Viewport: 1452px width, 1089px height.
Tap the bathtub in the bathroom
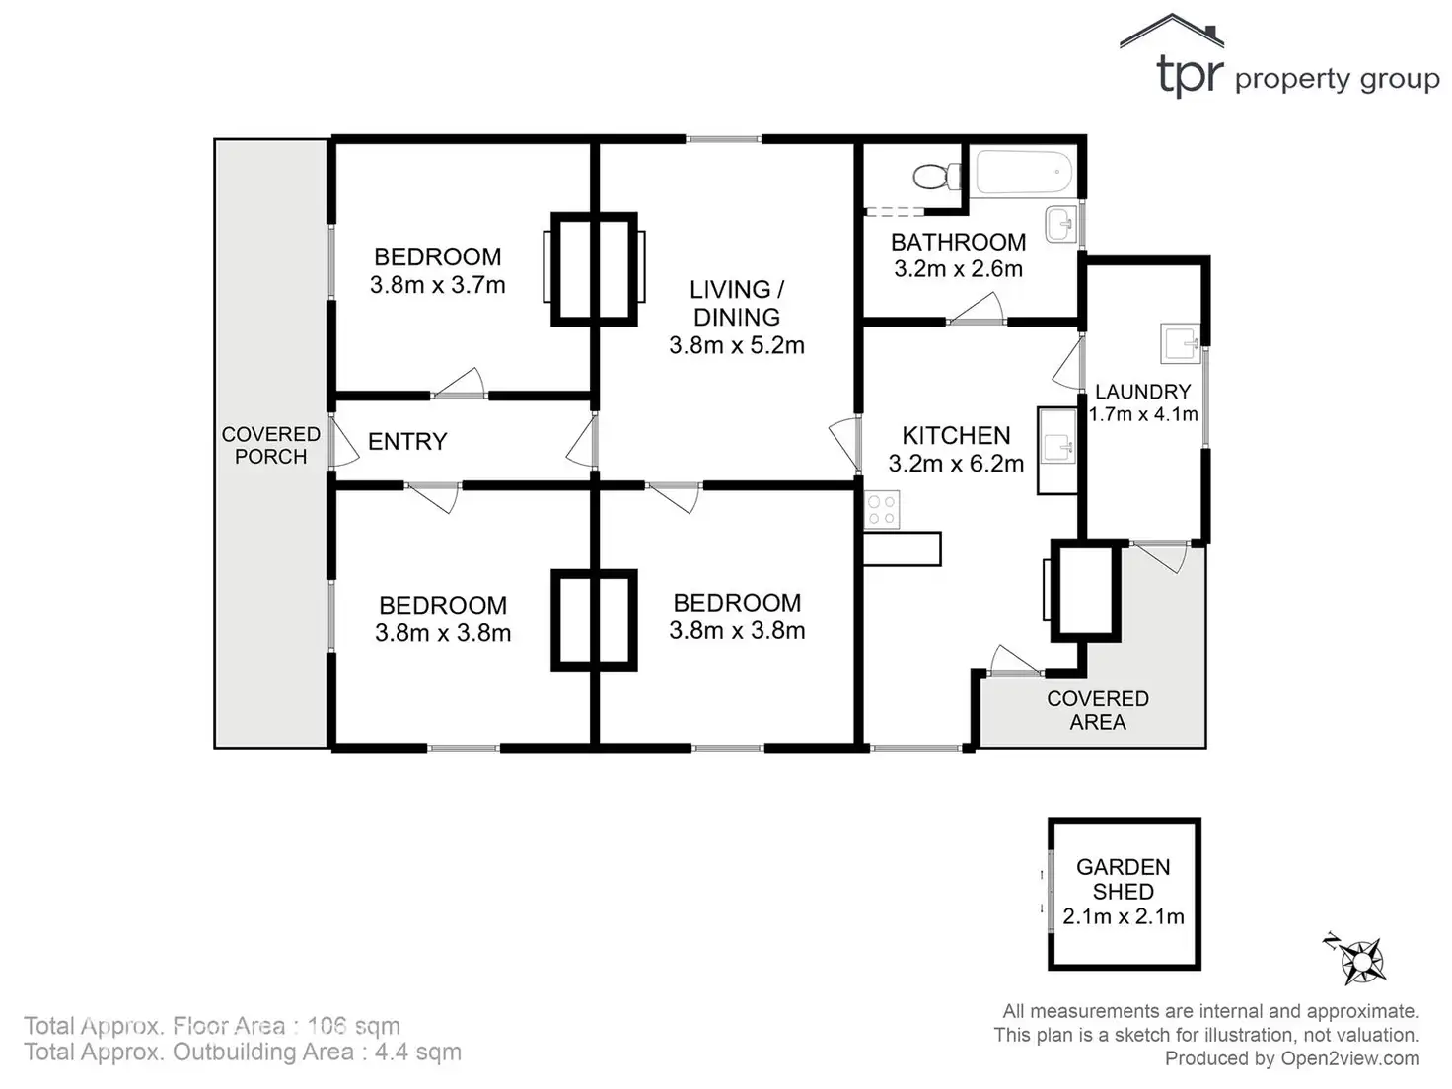(1024, 173)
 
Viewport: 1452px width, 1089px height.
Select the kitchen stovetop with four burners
(882, 510)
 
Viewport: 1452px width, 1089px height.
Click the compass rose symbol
(1362, 959)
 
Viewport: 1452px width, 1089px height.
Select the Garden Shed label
(1123, 879)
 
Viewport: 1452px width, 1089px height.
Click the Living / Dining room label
(736, 303)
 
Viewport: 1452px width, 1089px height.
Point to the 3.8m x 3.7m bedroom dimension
(437, 286)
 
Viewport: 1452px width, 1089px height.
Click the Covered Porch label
(270, 445)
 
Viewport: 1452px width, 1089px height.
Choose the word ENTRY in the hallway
(407, 441)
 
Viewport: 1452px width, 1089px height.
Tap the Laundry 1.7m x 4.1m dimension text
(1142, 415)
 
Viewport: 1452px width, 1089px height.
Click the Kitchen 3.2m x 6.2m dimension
(956, 464)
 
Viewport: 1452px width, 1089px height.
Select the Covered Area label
(1097, 710)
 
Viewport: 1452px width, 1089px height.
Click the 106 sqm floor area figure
(353, 1026)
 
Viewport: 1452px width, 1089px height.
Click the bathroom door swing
(977, 310)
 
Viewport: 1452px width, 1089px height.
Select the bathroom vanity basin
(1061, 223)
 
